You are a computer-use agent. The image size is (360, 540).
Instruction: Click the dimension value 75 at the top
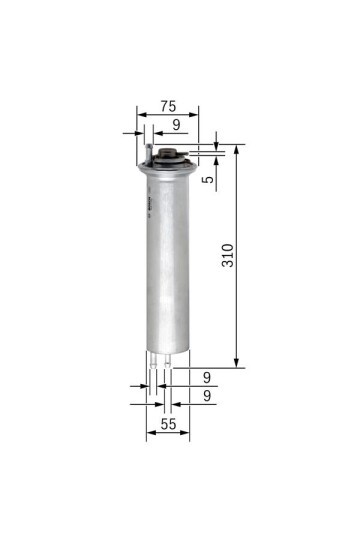coord(169,105)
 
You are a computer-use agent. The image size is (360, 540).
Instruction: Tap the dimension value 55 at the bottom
coord(168,425)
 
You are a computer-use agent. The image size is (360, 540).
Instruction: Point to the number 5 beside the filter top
coord(206,179)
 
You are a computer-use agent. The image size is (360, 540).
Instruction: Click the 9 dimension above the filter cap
coord(176,124)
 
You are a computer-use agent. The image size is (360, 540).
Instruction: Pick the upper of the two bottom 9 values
coord(206,377)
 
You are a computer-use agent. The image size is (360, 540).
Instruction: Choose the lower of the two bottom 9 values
coord(206,396)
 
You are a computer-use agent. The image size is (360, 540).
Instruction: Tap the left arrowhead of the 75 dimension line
coord(141,114)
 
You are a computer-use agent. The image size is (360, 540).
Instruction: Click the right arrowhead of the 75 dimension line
coord(197,114)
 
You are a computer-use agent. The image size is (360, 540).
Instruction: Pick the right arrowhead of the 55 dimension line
coord(189,435)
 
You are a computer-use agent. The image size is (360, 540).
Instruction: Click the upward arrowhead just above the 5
coord(216,159)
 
